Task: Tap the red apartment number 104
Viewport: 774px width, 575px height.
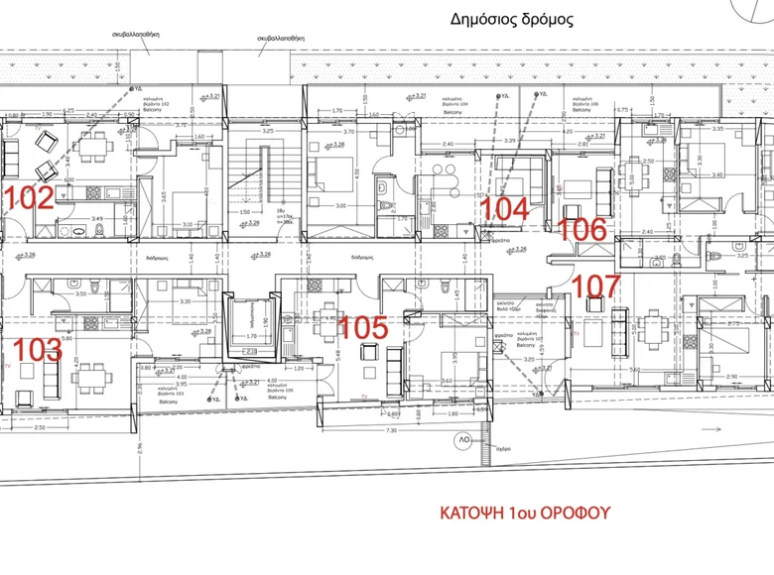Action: (506, 208)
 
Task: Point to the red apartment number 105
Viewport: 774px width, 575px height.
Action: (363, 327)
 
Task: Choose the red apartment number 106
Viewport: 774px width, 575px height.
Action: (582, 230)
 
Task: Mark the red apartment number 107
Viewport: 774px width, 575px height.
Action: (597, 287)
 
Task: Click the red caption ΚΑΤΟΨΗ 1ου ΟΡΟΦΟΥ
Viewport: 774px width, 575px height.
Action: (523, 515)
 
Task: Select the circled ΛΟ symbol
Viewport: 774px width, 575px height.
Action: (462, 439)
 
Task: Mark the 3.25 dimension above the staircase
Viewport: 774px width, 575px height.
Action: (267, 131)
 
